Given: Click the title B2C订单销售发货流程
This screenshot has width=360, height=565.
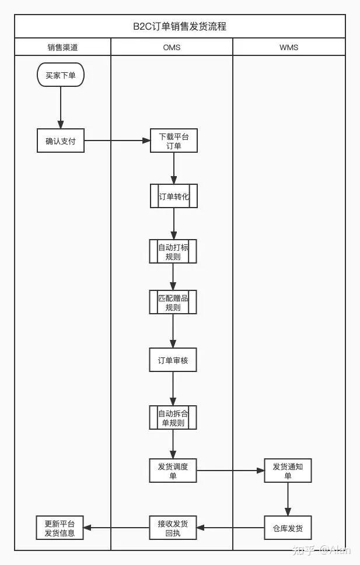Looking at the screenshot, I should pyautogui.click(x=180, y=27).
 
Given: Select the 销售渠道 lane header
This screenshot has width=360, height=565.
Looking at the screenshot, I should pyautogui.click(x=62, y=47).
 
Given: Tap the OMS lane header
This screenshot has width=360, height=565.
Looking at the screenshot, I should pyautogui.click(x=172, y=47).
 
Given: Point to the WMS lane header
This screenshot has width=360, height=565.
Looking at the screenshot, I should pyautogui.click(x=289, y=47).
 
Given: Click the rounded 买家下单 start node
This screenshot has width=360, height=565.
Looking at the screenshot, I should pyautogui.click(x=61, y=75).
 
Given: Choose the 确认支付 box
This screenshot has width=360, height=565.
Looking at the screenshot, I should pyautogui.click(x=61, y=141).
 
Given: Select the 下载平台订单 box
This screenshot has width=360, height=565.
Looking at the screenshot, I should pyautogui.click(x=173, y=141).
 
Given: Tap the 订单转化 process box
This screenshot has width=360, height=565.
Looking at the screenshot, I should pyautogui.click(x=173, y=196).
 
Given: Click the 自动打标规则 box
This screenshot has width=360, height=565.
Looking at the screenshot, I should pyautogui.click(x=173, y=252).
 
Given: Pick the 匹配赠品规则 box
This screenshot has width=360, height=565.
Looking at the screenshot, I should pyautogui.click(x=173, y=302).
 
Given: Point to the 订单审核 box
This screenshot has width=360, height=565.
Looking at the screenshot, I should pyautogui.click(x=173, y=360).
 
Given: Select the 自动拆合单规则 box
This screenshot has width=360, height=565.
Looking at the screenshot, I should pyautogui.click(x=173, y=417).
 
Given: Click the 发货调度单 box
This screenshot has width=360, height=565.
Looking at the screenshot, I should pyautogui.click(x=173, y=471).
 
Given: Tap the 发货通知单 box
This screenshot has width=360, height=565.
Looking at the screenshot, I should pyautogui.click(x=288, y=471).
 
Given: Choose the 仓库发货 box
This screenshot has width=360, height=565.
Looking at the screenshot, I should pyautogui.click(x=288, y=528).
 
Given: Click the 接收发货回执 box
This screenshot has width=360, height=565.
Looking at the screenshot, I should pyautogui.click(x=173, y=528).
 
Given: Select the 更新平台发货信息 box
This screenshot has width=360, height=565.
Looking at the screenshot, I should pyautogui.click(x=60, y=528).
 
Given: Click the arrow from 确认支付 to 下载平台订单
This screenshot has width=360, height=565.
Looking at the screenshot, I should pyautogui.click(x=117, y=141).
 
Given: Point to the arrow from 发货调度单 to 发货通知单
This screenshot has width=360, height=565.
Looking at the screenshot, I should pyautogui.click(x=230, y=471).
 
